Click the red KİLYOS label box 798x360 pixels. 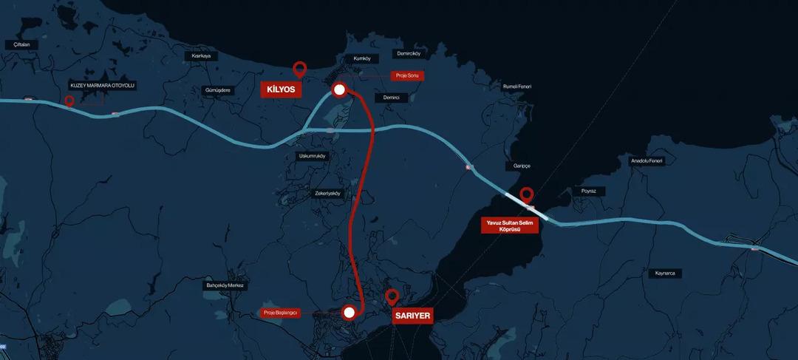click(x=281, y=89)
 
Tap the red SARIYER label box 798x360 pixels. click(x=412, y=315)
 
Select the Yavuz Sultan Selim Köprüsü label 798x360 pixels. click(x=510, y=225)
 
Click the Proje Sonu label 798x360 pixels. click(x=407, y=75)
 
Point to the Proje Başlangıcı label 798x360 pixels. click(x=281, y=313)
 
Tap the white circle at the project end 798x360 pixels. click(x=339, y=90)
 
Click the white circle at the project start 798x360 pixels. click(x=349, y=313)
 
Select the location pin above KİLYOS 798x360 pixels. click(x=299, y=69)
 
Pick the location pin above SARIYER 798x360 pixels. click(x=392, y=296)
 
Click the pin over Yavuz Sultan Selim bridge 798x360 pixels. click(x=526, y=195)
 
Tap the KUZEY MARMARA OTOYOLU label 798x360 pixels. click(x=103, y=86)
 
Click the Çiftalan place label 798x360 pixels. click(x=21, y=45)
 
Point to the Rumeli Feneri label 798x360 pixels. click(x=517, y=86)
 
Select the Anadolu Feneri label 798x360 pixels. click(x=647, y=160)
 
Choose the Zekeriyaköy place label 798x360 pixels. click(x=327, y=194)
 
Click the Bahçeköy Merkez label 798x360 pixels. click(x=225, y=285)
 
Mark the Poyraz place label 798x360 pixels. click(x=588, y=191)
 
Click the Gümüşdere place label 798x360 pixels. click(x=216, y=90)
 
